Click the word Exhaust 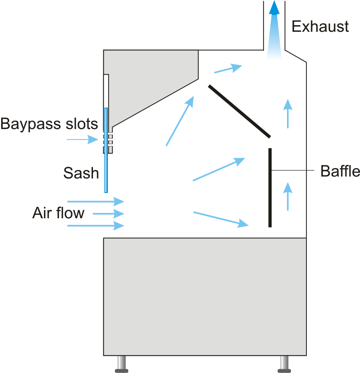pyautogui.click(x=320, y=27)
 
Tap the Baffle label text pyautogui.click(x=340, y=171)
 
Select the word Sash pyautogui.click(x=81, y=173)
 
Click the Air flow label pyautogui.click(x=58, y=213)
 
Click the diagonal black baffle pyautogui.click(x=239, y=111)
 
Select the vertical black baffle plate pyautogui.click(x=270, y=188)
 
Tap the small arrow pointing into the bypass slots pyautogui.click(x=83, y=139)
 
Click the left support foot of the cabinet pyautogui.click(x=122, y=364)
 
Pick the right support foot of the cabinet pyautogui.click(x=284, y=364)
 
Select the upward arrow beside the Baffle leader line pyautogui.click(x=288, y=196)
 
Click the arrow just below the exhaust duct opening pyautogui.click(x=228, y=69)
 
